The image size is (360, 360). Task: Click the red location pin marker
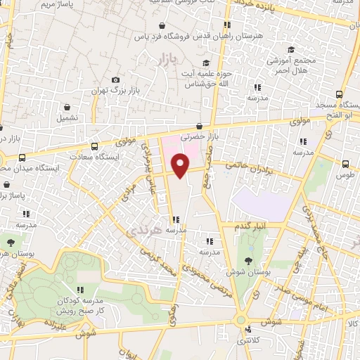tap(181, 165)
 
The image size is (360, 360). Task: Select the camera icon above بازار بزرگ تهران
tap(116, 80)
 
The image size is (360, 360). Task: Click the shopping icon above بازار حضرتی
tap(207, 126)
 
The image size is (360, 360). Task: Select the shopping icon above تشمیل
tap(67, 108)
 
